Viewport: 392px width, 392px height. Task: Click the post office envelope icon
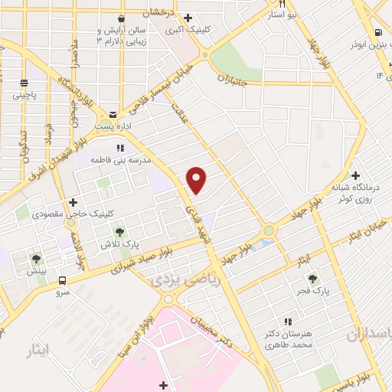click(x=113, y=113)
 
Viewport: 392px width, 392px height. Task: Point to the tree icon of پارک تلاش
click(x=119, y=230)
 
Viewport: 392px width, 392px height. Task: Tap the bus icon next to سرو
click(x=63, y=282)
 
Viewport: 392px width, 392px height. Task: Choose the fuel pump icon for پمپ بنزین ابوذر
click(x=378, y=32)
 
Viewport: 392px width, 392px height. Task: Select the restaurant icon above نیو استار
click(x=282, y=4)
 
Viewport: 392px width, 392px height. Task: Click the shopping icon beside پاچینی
click(x=24, y=83)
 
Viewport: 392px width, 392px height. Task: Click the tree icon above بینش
click(x=35, y=258)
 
